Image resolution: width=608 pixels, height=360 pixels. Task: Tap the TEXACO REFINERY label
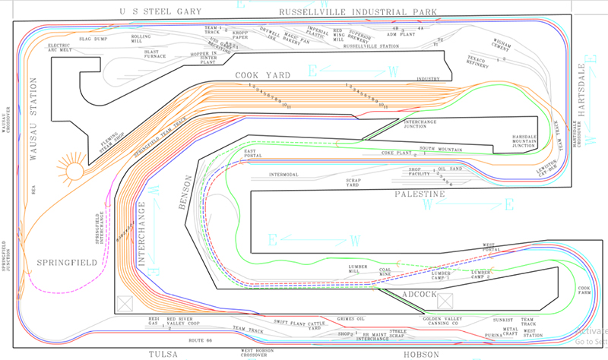coord(479,62)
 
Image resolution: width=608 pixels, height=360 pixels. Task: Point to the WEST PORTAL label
coord(494,248)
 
